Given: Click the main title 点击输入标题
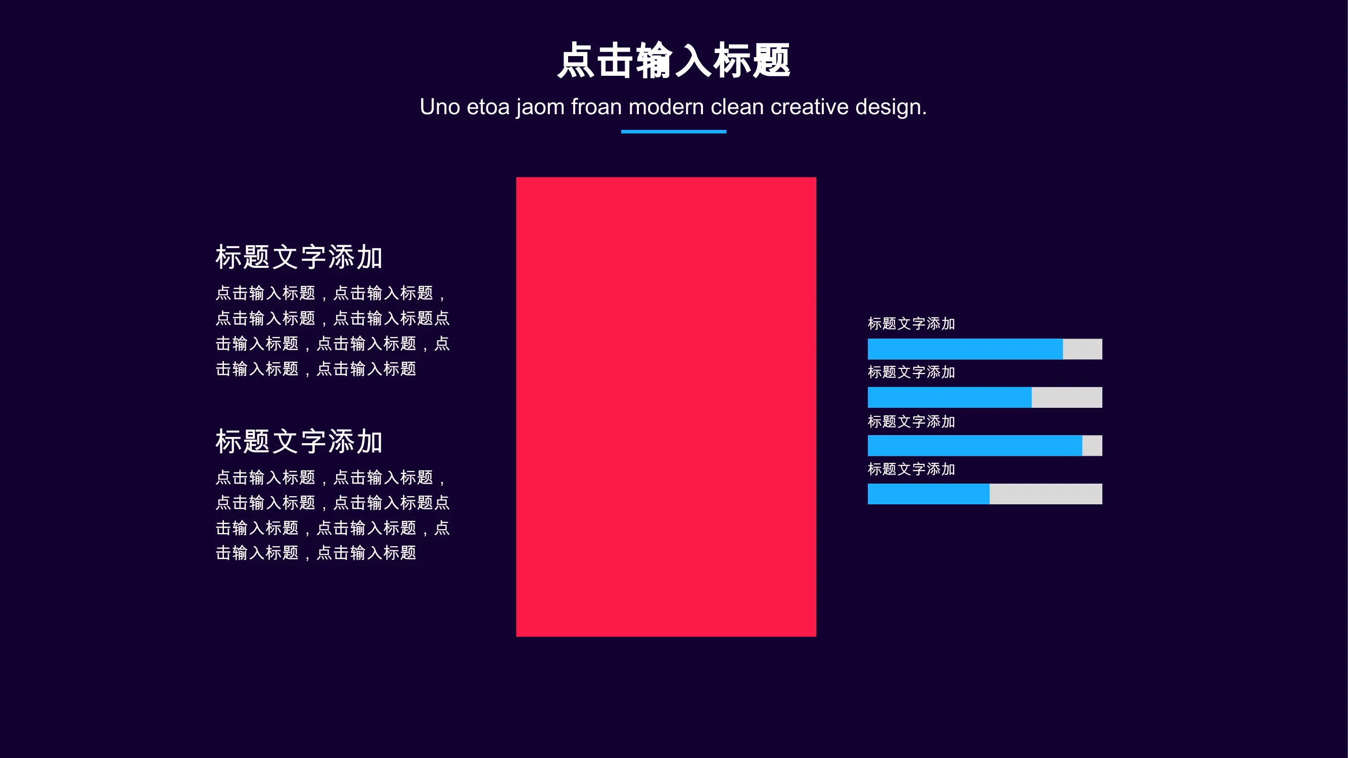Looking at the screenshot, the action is (x=673, y=60).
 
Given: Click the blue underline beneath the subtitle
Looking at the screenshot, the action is (x=673, y=132).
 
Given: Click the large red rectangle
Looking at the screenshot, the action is (x=666, y=407).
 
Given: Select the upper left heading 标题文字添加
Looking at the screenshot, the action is (x=299, y=257).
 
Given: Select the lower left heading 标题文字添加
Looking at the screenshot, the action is (x=299, y=441).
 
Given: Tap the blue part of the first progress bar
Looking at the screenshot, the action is (x=965, y=349).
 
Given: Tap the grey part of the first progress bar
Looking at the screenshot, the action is (x=1083, y=349).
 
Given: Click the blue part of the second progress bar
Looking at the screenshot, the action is (x=949, y=398).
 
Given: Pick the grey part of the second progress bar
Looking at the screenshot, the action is (x=1067, y=398).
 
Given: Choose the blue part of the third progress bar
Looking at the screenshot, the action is (x=975, y=446).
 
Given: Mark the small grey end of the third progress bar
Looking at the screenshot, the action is (x=1092, y=446).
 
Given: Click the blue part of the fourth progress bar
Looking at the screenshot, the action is (x=928, y=494).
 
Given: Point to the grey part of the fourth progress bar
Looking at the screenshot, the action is (x=1046, y=494).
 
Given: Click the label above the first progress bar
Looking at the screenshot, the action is (x=911, y=324).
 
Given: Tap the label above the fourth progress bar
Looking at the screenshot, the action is (x=911, y=469).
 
